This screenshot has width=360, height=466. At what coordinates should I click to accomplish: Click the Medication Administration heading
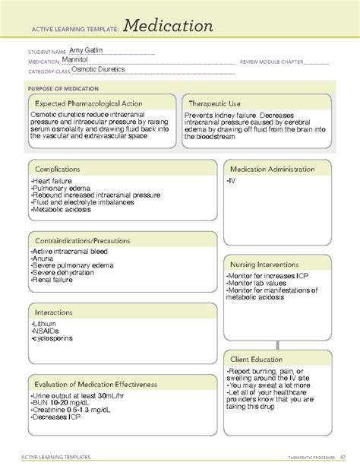[x=280, y=169]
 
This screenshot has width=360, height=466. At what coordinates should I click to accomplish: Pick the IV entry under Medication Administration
[x=231, y=181]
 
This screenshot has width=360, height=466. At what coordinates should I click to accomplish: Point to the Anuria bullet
[x=43, y=259]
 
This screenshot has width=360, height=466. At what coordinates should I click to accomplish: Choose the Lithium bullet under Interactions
[x=45, y=325]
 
